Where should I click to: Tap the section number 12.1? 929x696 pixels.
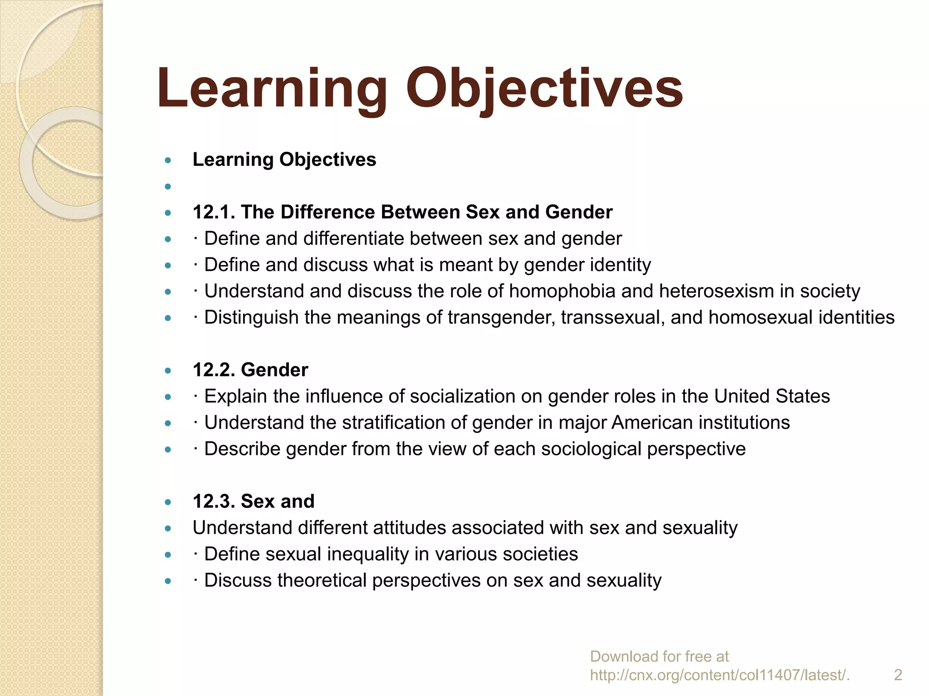click(213, 212)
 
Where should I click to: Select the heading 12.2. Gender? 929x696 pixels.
click(250, 370)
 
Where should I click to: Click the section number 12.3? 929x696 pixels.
click(213, 501)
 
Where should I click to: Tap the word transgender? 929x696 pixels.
click(501, 317)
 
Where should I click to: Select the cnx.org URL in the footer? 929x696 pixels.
click(719, 675)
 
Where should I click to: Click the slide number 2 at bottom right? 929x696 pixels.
click(898, 675)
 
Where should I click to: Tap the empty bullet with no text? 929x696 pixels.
click(168, 186)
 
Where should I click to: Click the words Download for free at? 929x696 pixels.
click(659, 656)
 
